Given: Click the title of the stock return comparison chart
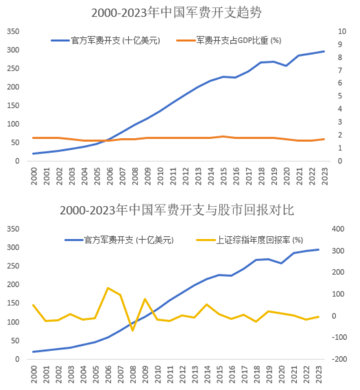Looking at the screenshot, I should [x=177, y=210].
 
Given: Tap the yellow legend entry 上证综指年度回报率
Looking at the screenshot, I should [x=250, y=240].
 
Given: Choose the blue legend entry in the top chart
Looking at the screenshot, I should [x=105, y=40].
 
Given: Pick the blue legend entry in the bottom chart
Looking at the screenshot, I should [x=119, y=240].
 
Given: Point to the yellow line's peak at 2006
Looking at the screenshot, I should [x=108, y=288].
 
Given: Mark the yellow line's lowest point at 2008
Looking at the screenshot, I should [x=132, y=331].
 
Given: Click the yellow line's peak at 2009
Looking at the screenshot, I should [x=144, y=299].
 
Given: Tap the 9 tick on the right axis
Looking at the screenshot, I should [x=341, y=45].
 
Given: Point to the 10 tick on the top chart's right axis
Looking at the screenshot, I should [x=342, y=31].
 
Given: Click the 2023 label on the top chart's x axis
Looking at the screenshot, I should [x=324, y=176].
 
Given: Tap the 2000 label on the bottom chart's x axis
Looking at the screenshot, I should [x=34, y=374].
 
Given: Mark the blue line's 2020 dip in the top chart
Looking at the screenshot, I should [x=286, y=66].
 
